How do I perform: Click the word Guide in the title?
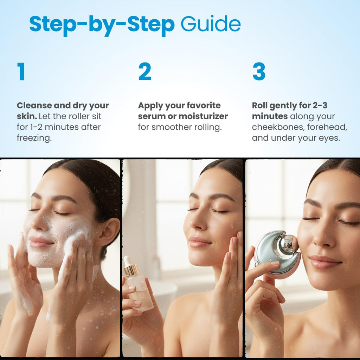pos(211,24)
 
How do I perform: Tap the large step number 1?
pos(21,71)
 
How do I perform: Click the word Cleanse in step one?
pos(34,105)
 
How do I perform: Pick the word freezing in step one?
pos(34,138)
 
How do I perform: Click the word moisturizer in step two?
pos(203,116)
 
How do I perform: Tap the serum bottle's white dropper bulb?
pos(128,261)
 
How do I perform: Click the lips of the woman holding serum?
pos(199,242)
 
